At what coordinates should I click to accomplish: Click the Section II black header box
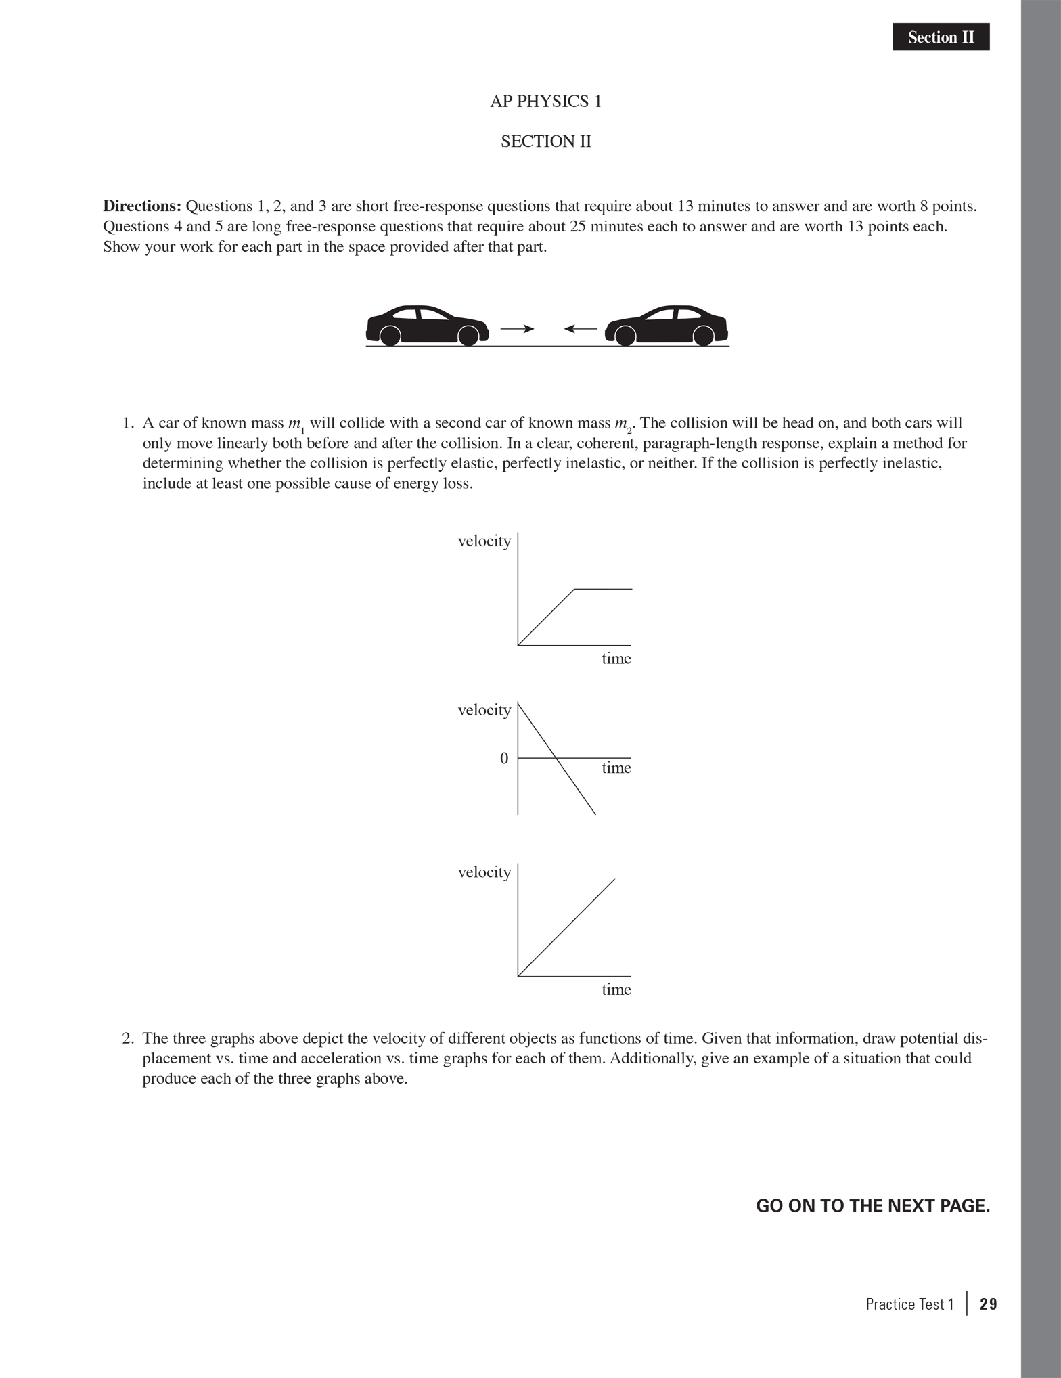(941, 37)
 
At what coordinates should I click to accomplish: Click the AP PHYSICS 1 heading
(545, 102)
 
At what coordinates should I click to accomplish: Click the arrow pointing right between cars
(517, 329)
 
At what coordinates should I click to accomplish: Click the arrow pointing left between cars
(581, 329)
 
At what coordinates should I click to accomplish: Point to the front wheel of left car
(468, 335)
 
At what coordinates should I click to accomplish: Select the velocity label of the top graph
(484, 541)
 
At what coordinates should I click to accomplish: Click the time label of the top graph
(616, 659)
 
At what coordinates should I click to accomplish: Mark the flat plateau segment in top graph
(603, 590)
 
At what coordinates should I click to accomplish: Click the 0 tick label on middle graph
(503, 759)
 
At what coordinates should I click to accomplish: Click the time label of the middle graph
(616, 768)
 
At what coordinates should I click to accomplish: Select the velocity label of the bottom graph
(484, 872)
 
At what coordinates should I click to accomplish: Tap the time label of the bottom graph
(616, 990)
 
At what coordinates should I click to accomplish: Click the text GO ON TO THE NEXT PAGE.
(872, 1206)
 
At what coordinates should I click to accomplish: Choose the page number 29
(988, 1304)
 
